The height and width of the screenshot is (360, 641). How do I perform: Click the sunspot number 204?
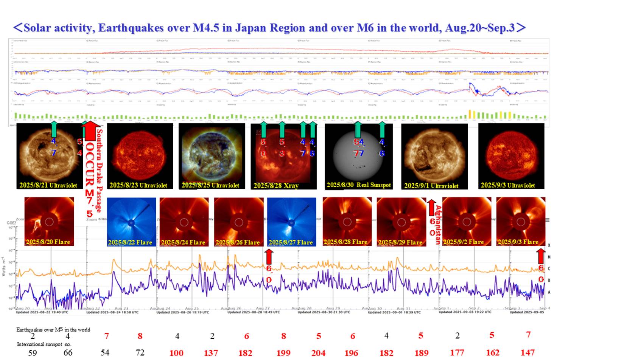pos(318,353)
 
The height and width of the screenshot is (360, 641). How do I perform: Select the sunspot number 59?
pos(33,353)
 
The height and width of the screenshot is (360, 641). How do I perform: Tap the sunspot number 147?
pos(527,352)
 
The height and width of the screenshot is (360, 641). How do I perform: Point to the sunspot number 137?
pos(211,353)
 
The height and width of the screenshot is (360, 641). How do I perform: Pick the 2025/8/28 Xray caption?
pos(276,186)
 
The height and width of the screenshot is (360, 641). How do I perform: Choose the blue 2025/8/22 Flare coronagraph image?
pos(131,222)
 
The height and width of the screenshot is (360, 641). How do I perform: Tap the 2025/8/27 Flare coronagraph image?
pos(291,222)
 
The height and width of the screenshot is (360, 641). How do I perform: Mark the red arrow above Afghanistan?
pos(431,208)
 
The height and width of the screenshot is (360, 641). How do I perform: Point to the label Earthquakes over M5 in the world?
pos(53,330)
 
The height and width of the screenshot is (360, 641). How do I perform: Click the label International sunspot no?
pos(44,344)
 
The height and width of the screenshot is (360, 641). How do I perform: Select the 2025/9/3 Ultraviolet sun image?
pos(511,156)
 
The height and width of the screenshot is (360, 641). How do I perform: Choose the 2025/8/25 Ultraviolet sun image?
pos(212,156)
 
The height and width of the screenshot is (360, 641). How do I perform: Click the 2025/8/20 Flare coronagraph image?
pos(49,222)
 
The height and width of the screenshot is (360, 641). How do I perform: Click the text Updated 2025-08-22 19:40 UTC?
pos(42,312)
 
